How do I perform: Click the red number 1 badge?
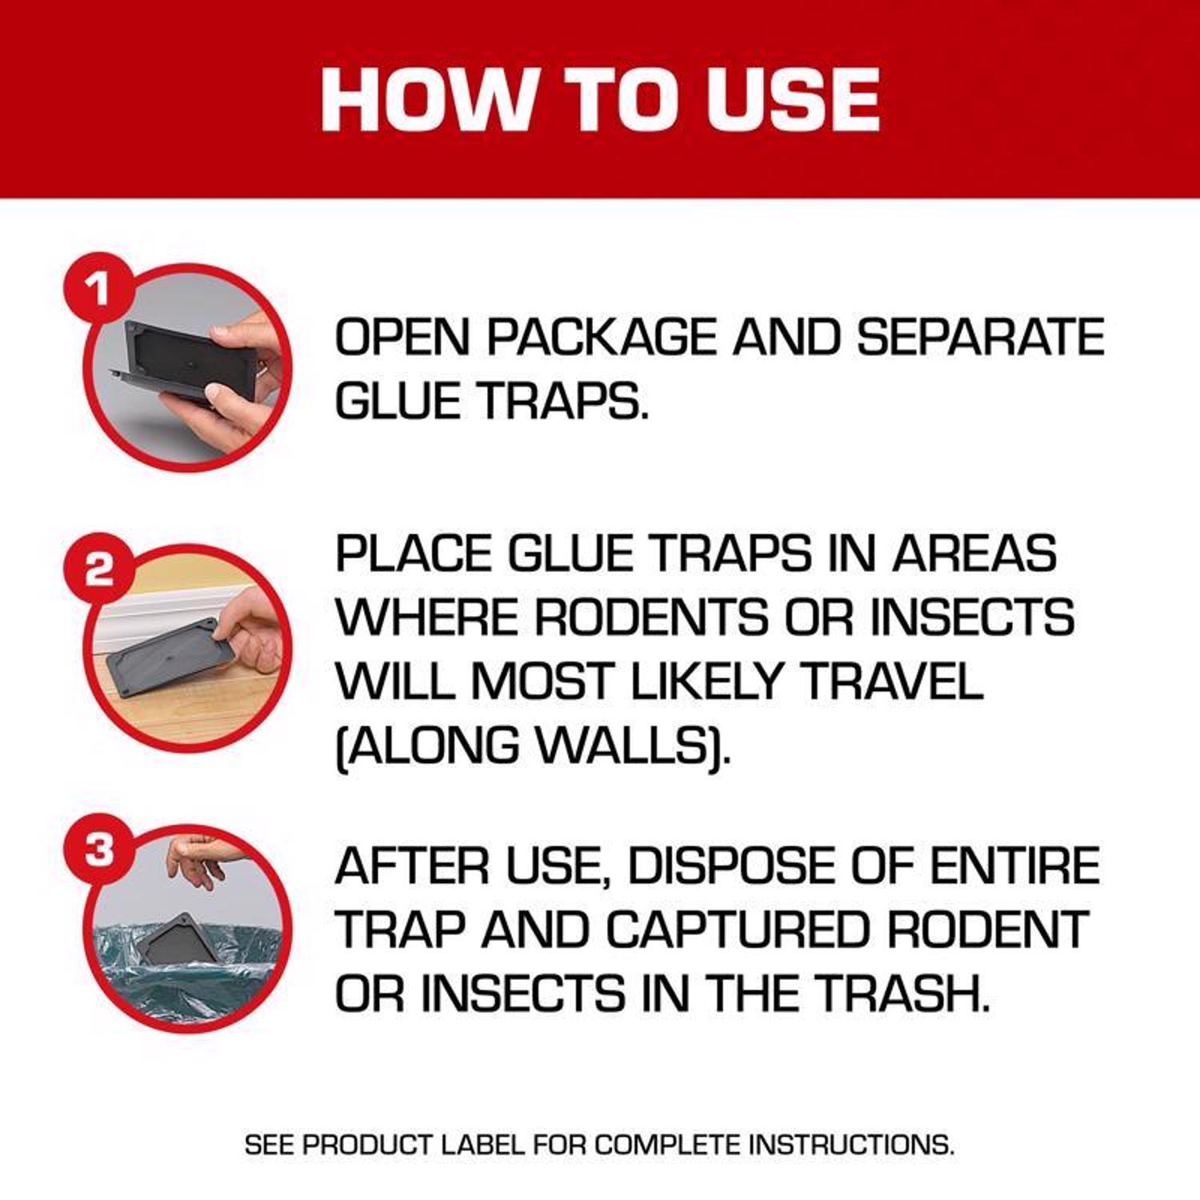(98, 288)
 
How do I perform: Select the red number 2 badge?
(98, 570)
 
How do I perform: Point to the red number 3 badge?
(98, 850)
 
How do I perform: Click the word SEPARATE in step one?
(980, 337)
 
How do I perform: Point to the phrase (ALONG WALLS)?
(532, 746)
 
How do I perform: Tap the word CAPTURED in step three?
(737, 930)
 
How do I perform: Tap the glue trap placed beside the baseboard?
(164, 658)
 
